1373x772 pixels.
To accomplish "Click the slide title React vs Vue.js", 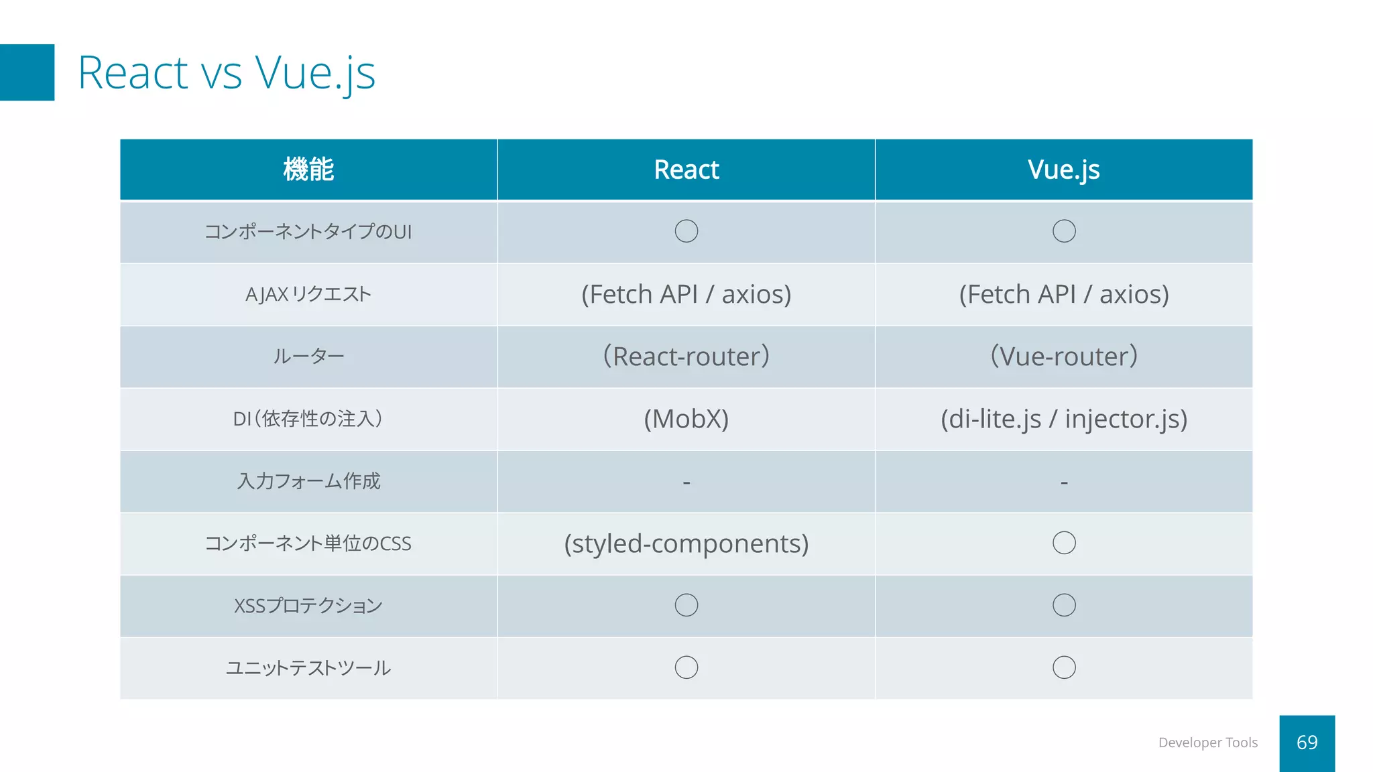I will (227, 72).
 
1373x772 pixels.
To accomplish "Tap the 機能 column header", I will (308, 170).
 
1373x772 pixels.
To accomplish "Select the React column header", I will (686, 170).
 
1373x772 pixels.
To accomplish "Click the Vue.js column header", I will (1063, 170).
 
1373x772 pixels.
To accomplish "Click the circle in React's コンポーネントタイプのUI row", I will (686, 231).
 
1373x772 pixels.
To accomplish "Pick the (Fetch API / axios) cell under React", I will (686, 294).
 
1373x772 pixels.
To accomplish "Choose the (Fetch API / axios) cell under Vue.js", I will (1063, 294).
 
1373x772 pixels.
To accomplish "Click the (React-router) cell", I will (686, 357).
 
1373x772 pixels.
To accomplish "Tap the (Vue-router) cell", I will (1063, 357).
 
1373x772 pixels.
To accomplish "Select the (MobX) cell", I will (686, 419).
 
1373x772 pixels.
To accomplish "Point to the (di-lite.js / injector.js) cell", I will (1063, 419).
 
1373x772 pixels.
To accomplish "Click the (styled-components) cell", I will (686, 543).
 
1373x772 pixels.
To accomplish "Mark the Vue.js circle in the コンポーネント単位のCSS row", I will (1064, 543).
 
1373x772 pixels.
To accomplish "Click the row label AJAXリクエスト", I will (308, 294).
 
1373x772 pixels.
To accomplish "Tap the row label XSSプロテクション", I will (308, 606).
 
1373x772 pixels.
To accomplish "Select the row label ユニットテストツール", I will (308, 668).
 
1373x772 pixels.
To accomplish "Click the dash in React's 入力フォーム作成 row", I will (686, 482).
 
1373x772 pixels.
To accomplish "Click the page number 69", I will (1307, 743).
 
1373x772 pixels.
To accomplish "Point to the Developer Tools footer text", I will (1207, 743).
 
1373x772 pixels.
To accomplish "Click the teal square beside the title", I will (27, 72).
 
